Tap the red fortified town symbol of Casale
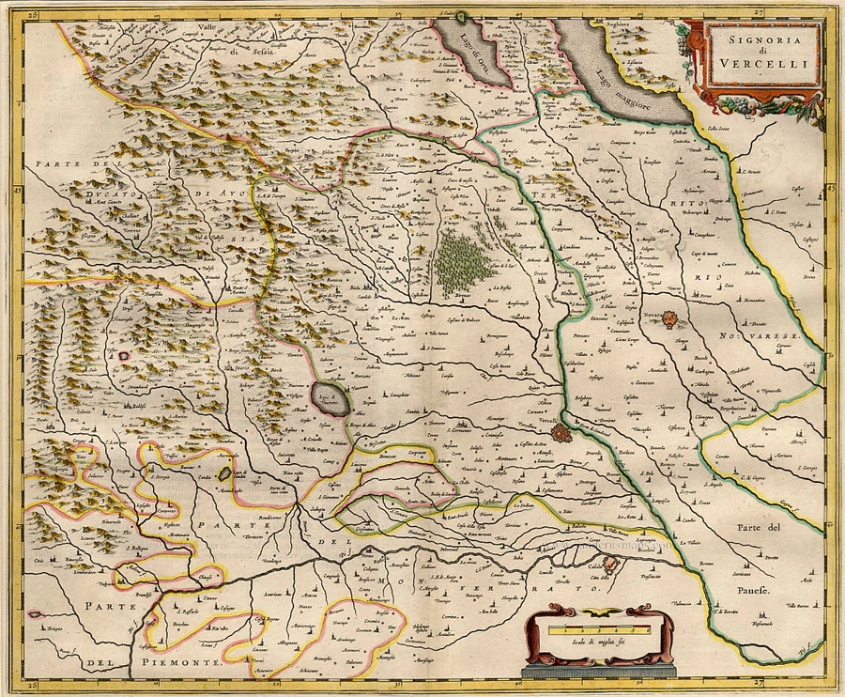[x=612, y=565]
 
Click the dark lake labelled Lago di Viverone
[x=330, y=398]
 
